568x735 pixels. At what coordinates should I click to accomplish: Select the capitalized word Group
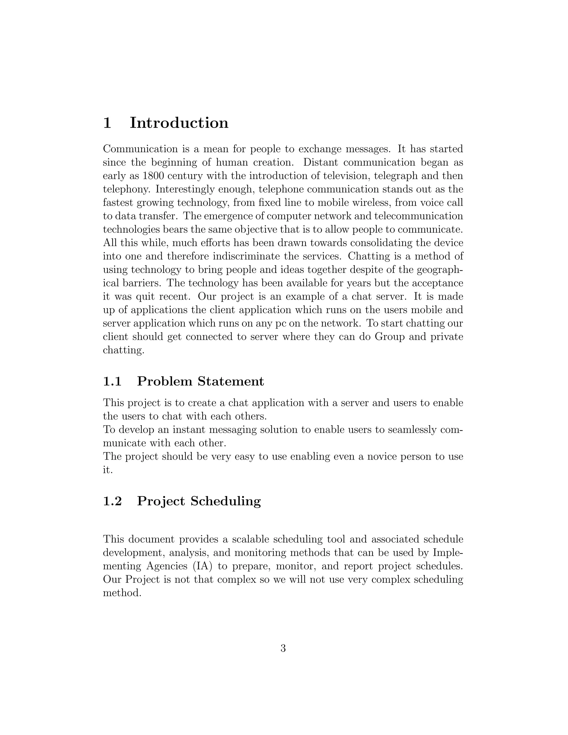pos(389,336)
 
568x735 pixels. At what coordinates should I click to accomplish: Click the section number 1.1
pos(112,381)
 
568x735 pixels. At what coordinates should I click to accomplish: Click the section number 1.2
pos(112,501)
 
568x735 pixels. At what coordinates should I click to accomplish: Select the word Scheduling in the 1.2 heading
pos(226,501)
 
